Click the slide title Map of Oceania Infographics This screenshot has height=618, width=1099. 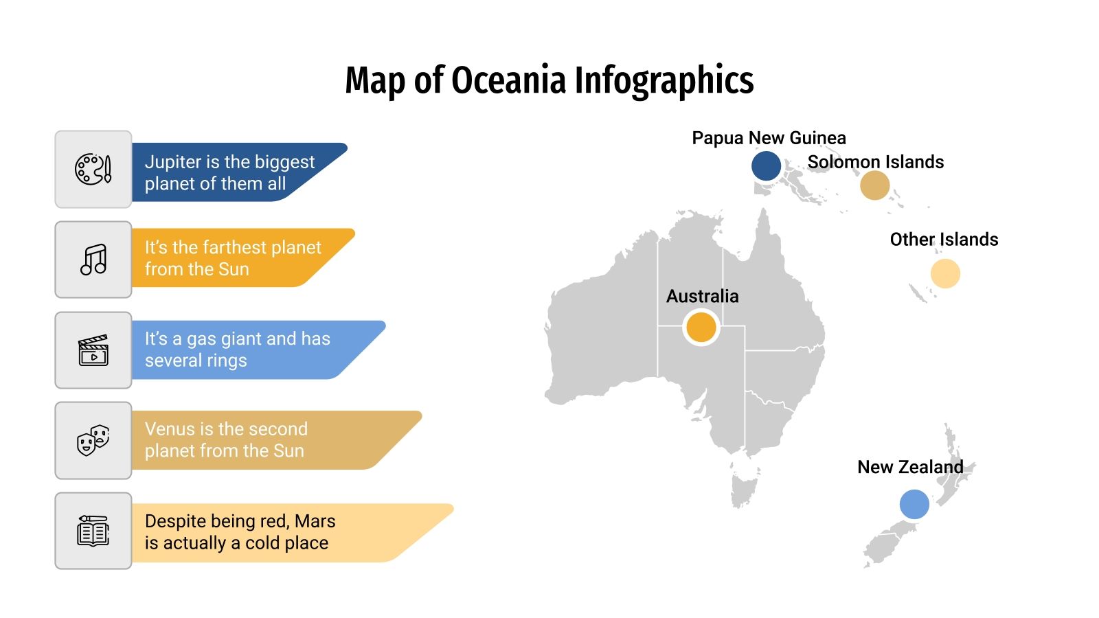pyautogui.click(x=549, y=80)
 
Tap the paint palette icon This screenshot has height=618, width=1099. pyautogui.click(x=93, y=169)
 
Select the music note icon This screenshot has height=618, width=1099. pyautogui.click(x=93, y=260)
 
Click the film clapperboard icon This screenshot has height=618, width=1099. pyautogui.click(x=93, y=350)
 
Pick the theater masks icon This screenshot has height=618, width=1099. pyautogui.click(x=93, y=440)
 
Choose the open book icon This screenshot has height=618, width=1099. pyautogui.click(x=93, y=531)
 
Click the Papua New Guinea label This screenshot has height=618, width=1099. pyautogui.click(x=769, y=138)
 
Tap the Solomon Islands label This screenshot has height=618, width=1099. pyautogui.click(x=876, y=162)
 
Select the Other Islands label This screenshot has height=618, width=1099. pyautogui.click(x=944, y=240)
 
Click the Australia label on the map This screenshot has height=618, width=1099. pyautogui.click(x=702, y=297)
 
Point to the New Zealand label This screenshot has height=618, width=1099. pyautogui.click(x=910, y=467)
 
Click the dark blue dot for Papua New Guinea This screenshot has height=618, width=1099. pyautogui.click(x=766, y=166)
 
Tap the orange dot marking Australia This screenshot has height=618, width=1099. pyautogui.click(x=701, y=328)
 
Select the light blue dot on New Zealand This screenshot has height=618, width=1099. pyautogui.click(x=914, y=505)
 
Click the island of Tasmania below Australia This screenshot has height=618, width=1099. pyautogui.click(x=743, y=486)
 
